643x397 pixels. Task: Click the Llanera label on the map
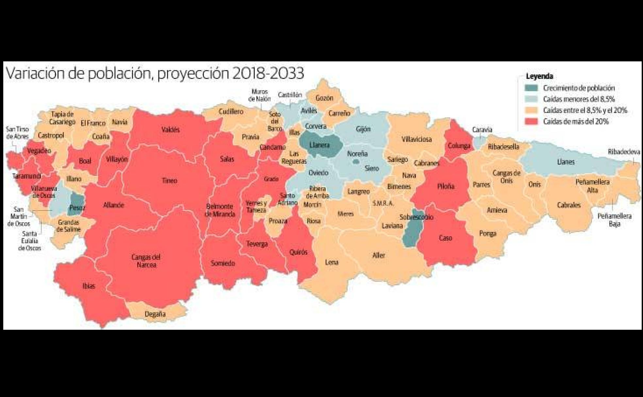tap(319, 145)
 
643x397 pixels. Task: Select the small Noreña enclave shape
tap(356, 162)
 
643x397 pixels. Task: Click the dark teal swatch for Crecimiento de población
tap(531, 88)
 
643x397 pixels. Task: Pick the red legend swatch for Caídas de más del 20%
tap(531, 121)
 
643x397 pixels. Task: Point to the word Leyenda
tap(539, 76)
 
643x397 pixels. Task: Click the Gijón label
tap(363, 129)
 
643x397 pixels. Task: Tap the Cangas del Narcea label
tap(146, 261)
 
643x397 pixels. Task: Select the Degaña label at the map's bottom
tap(155, 314)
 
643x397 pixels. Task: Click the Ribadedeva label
tap(624, 152)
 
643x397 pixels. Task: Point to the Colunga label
tap(459, 146)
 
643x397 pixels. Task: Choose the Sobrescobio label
tap(416, 217)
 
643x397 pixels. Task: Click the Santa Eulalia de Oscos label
tap(29, 241)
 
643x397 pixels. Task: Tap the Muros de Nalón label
tap(259, 95)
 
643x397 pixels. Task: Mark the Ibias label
tap(89, 286)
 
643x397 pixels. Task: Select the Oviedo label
tap(318, 173)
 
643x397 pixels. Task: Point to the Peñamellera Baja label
tap(614, 220)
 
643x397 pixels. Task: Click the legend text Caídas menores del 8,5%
tap(579, 99)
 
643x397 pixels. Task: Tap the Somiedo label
tap(223, 263)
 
